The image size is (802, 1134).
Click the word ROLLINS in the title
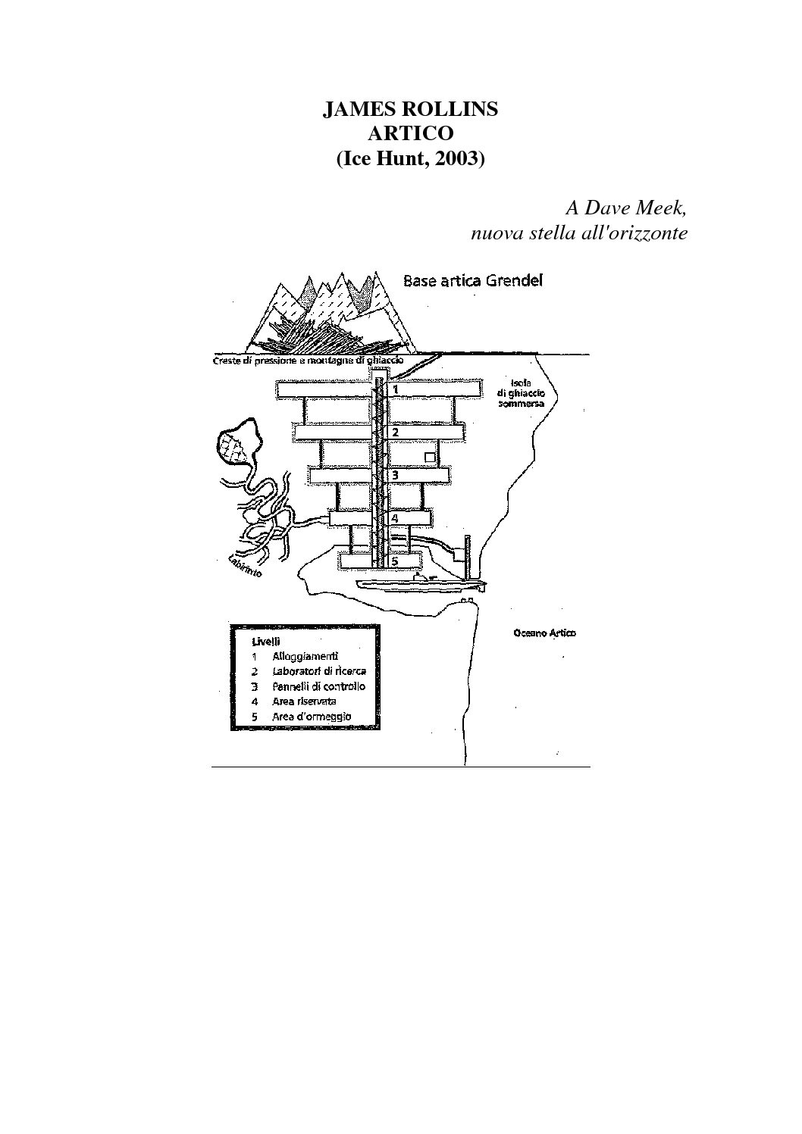[454, 109]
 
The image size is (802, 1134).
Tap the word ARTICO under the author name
[410, 133]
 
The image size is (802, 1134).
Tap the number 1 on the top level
[395, 389]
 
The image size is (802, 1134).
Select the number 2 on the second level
[395, 433]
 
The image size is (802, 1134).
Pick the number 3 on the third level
[395, 475]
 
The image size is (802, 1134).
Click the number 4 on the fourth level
[395, 519]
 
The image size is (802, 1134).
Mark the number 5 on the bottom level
[395, 562]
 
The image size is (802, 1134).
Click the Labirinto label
[245, 567]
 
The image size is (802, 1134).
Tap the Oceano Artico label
[544, 633]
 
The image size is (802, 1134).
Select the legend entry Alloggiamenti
[305, 656]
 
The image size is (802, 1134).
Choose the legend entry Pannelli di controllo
[318, 686]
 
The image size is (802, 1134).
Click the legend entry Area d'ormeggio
[312, 717]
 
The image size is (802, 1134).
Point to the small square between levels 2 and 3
[430, 458]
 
